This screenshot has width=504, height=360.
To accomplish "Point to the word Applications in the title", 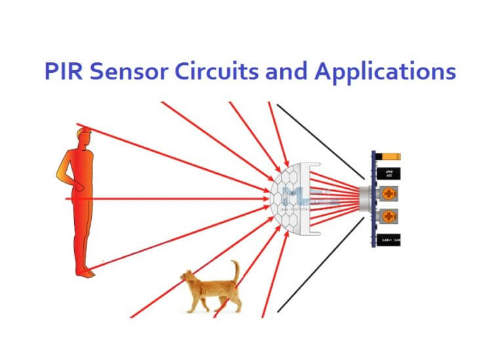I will tap(385, 72).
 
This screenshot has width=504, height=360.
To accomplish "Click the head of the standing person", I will tap(83, 140).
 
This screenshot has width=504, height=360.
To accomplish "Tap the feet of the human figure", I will tap(85, 272).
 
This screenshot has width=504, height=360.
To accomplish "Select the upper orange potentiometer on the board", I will tap(388, 194).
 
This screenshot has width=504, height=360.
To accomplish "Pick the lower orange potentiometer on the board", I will tap(388, 216).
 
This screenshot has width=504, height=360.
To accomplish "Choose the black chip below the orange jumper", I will tap(388, 174).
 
